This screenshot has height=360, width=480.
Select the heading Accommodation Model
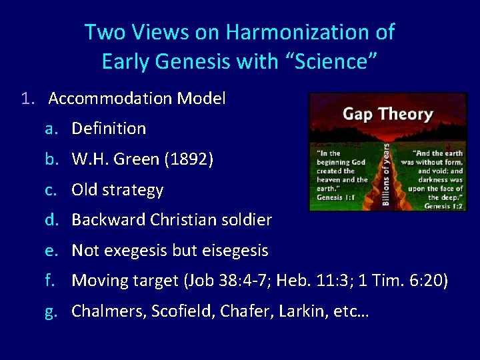[x=137, y=99]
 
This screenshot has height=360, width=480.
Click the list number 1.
[x=26, y=99]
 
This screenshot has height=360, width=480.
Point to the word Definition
[x=109, y=128]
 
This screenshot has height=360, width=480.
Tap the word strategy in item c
[x=136, y=190]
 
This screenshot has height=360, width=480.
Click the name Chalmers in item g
[x=103, y=311]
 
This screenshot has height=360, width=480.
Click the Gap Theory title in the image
[x=387, y=114]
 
